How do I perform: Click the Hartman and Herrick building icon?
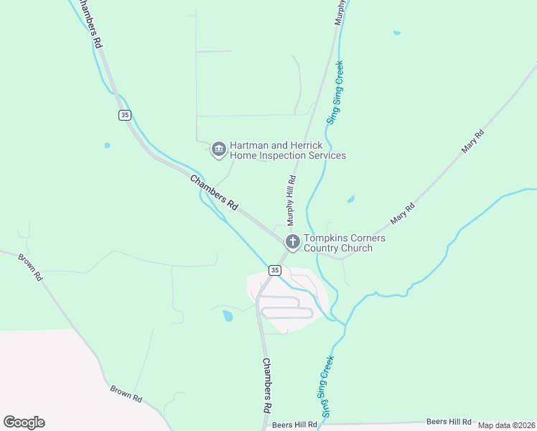click(219, 149)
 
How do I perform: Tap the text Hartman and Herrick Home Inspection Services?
click(288, 150)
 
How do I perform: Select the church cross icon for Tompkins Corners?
click(292, 241)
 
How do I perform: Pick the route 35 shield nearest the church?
click(275, 269)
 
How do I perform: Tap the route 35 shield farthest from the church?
click(125, 115)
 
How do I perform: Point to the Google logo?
click(24, 422)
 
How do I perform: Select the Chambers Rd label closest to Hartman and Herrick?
click(214, 192)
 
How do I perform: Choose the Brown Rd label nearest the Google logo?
click(126, 393)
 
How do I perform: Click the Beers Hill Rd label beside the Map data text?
click(449, 422)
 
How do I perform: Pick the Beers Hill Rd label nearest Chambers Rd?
click(295, 425)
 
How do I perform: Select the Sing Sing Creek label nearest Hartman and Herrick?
click(335, 92)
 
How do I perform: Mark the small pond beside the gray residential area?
click(228, 315)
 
